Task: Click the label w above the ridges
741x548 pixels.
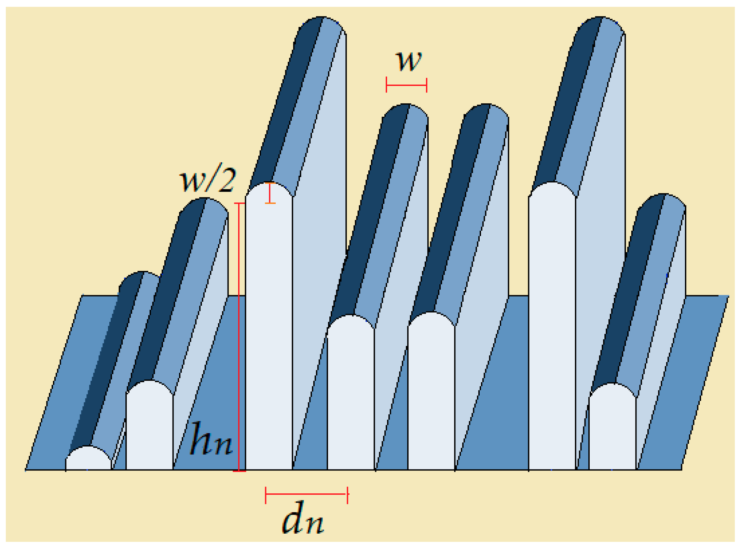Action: pos(409,61)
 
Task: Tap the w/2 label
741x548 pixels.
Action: pos(208,179)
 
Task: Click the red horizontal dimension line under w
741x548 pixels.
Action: pos(407,85)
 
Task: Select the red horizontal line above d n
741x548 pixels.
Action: pos(307,494)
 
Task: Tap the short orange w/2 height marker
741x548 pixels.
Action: pos(270,193)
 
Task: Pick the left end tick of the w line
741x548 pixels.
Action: pos(386,85)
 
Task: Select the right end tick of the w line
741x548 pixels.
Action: pos(427,85)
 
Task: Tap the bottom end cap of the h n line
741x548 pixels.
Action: pos(239,471)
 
